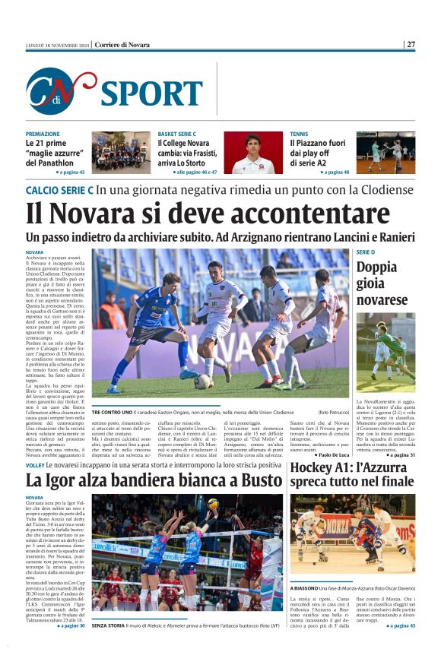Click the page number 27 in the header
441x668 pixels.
point(411,45)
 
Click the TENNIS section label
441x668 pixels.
point(299,134)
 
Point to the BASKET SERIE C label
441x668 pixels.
point(176,134)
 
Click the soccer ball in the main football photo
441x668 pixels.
point(202,381)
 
